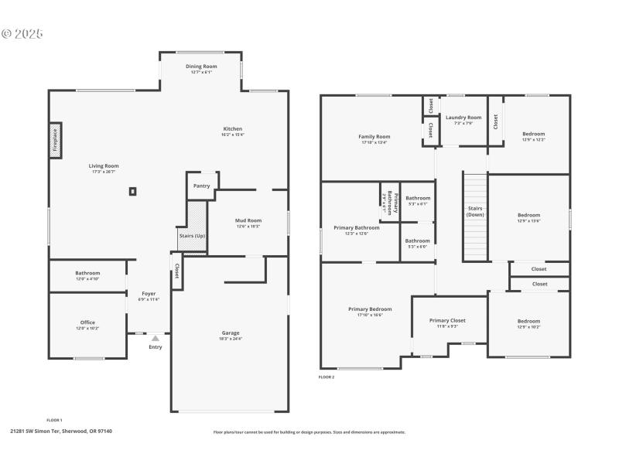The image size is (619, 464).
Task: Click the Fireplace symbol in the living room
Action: pos(55,141)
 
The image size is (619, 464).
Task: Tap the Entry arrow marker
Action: pos(156,338)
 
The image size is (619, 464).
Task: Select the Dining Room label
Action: pos(200,67)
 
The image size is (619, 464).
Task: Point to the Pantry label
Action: pos(201,186)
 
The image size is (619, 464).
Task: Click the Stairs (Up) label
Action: pos(192,235)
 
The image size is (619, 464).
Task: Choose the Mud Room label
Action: pos(248,220)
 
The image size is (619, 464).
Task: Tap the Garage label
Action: pos(231,333)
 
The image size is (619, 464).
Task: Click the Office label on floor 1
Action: pos(87,322)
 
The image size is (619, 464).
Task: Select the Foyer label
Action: pos(149,294)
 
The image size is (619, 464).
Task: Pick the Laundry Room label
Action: pos(463,118)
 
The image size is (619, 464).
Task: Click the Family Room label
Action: pos(374,137)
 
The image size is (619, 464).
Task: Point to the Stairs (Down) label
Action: pos(476,211)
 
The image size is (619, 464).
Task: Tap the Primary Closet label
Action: pos(447,320)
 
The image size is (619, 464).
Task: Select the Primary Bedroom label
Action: pos(370,309)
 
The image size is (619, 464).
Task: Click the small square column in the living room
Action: pos(133,190)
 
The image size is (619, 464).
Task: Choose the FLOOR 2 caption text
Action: pos(327,377)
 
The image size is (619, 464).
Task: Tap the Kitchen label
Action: pos(233,129)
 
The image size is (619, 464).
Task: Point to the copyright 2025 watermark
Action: pos(22,34)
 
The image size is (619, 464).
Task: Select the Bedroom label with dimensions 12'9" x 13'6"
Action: pos(529,215)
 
